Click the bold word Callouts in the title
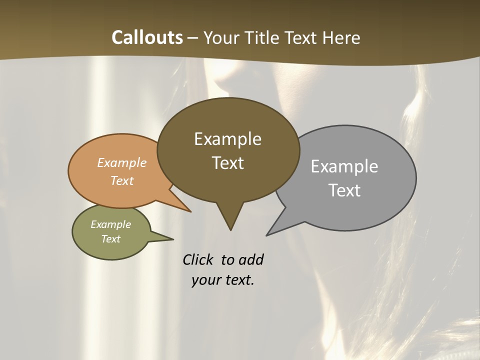click(147, 37)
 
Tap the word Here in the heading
click(342, 37)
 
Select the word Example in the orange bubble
click(122, 162)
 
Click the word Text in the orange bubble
click(122, 180)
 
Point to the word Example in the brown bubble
click(227, 138)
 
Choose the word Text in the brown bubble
click(227, 162)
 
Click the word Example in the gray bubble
click(344, 166)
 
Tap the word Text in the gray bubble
click(344, 190)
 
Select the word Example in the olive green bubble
click(111, 224)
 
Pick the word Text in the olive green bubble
click(111, 239)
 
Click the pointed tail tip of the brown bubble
click(230, 229)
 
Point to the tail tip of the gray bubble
click(267, 235)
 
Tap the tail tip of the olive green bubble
click(172, 238)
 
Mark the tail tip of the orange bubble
click(190, 211)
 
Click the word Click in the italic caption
click(197, 259)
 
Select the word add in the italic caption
click(251, 259)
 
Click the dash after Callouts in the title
click(193, 38)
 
